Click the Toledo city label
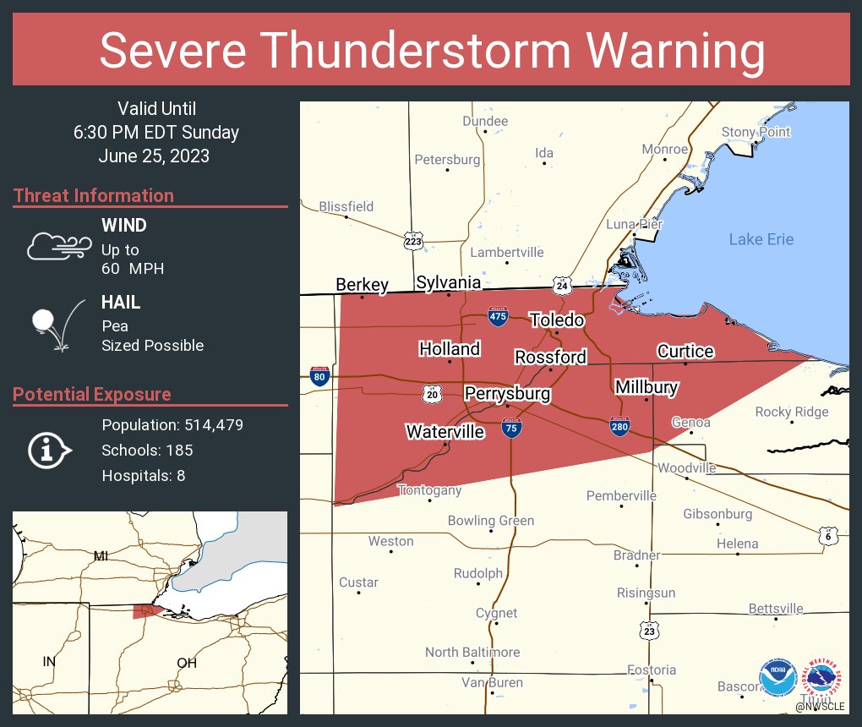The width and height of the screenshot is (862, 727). click(557, 320)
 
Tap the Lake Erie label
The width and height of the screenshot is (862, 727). click(761, 239)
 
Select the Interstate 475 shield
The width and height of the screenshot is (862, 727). click(498, 316)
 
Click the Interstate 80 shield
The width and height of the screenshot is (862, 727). click(319, 377)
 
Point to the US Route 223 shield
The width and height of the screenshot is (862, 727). click(413, 241)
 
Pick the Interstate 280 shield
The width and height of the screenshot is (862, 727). click(619, 425)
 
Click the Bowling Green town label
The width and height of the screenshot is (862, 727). click(491, 520)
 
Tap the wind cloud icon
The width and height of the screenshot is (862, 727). click(58, 246)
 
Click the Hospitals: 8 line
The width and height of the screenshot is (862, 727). click(144, 476)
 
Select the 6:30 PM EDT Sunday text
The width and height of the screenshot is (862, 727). click(156, 133)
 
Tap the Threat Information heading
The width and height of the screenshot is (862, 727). click(94, 196)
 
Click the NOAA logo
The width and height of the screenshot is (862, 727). click(777, 678)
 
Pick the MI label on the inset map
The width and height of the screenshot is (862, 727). click(101, 555)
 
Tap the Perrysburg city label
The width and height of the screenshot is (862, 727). click(507, 394)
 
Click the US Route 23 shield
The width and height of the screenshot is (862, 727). click(648, 631)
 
